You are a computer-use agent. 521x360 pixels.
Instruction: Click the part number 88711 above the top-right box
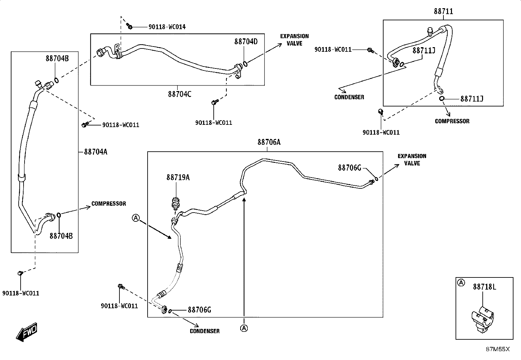click(443, 11)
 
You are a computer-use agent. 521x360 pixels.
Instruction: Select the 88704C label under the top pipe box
click(180, 94)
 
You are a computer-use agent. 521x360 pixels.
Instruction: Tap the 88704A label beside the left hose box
click(96, 152)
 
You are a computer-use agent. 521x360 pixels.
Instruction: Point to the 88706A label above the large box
click(269, 142)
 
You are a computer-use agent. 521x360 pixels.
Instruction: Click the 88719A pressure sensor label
click(178, 178)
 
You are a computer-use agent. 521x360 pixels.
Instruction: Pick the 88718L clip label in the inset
click(484, 287)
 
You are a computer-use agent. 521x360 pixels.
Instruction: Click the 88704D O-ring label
click(246, 42)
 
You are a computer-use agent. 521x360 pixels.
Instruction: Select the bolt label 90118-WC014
click(167, 27)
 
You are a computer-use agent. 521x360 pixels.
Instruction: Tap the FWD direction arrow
click(26, 332)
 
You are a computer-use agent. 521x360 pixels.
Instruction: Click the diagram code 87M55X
click(498, 349)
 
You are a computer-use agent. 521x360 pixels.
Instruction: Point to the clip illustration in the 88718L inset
click(483, 319)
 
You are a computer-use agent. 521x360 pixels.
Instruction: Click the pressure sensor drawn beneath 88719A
click(175, 203)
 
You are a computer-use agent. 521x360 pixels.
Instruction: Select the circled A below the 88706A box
click(244, 328)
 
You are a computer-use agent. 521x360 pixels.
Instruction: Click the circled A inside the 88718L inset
click(461, 283)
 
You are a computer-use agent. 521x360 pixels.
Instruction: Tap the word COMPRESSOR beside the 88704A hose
click(109, 204)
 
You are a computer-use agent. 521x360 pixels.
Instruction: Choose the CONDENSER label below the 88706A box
click(205, 331)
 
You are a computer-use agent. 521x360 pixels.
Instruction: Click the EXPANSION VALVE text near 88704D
click(295, 40)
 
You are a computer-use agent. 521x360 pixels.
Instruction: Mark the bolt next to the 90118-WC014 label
click(129, 26)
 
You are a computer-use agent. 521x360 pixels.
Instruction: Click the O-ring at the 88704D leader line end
click(245, 64)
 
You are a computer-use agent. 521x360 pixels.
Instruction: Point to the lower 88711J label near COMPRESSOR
click(472, 99)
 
